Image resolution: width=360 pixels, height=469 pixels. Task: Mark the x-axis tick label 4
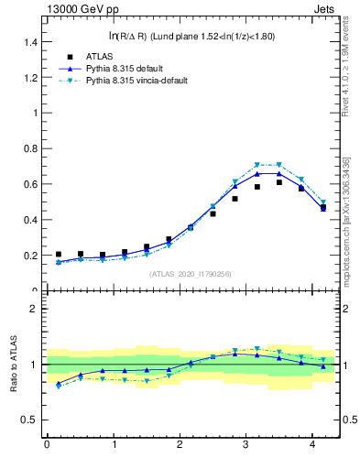point(312,444)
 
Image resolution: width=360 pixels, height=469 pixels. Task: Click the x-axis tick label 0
point(47,444)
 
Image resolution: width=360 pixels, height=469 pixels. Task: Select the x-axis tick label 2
point(180,444)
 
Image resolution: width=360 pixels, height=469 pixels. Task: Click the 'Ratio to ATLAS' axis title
point(14,364)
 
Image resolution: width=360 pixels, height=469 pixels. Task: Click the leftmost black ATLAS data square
point(59,255)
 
